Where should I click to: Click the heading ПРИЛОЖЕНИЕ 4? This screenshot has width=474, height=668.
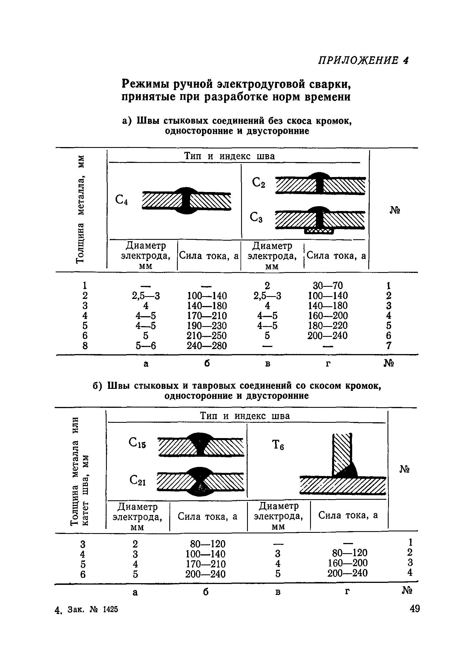363,60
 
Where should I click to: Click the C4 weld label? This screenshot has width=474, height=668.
122,200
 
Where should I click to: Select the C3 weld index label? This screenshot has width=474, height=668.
256,217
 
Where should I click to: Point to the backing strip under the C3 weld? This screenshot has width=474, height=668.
319,231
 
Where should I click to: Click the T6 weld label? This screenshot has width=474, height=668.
278,445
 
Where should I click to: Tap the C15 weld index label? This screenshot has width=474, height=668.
137,443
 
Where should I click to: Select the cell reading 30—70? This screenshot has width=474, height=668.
328,285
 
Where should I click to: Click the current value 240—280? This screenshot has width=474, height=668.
207,346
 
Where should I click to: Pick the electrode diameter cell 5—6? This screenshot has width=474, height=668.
146,346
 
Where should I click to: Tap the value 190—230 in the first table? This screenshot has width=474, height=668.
207,326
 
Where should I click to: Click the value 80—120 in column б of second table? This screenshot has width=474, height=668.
207,544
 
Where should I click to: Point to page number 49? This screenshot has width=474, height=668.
414,609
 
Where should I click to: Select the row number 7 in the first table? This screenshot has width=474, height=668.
388,346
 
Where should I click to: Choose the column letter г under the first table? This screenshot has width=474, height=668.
328,363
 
